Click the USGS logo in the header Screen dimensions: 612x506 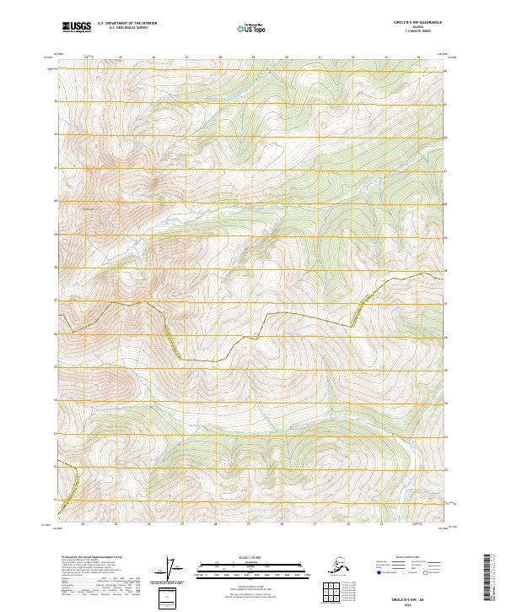pyautogui.click(x=76, y=28)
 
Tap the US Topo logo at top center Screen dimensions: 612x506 pyautogui.click(x=253, y=29)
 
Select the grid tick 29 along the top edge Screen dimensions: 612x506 pyautogui.click(x=252, y=57)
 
